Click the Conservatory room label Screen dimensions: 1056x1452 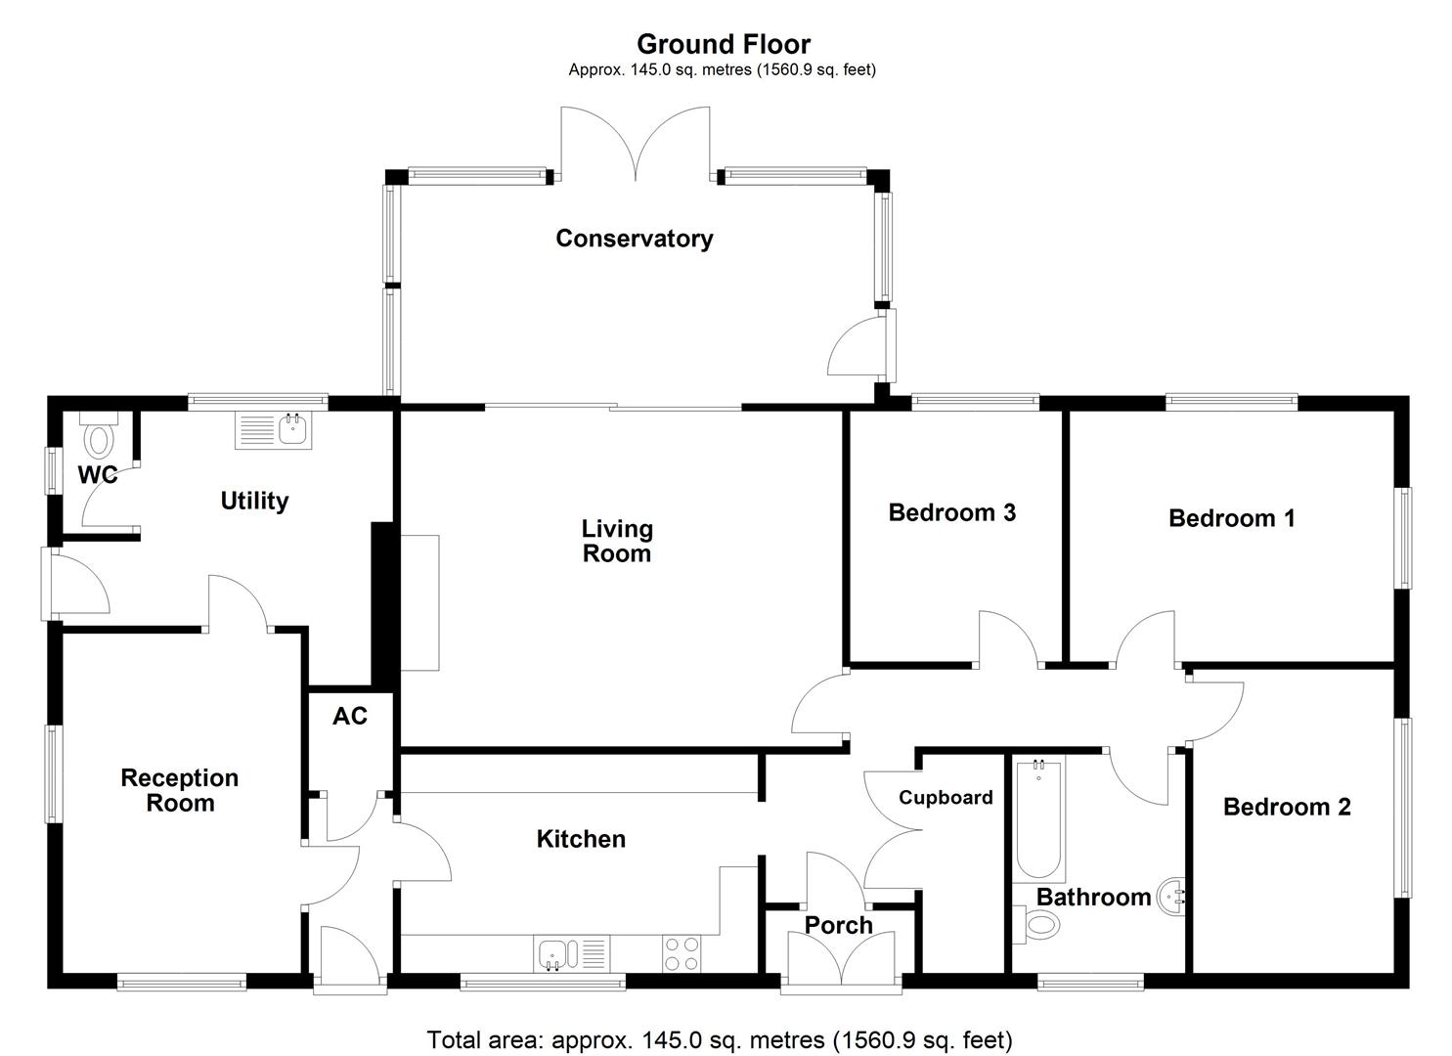point(634,239)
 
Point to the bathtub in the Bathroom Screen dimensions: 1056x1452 point(1038,819)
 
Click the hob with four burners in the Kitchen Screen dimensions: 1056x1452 point(681,953)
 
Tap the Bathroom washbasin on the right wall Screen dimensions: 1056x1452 point(1172,895)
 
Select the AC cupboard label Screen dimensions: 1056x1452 point(349,717)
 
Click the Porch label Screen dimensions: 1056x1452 point(838,925)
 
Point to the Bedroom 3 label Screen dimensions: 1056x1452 point(951,512)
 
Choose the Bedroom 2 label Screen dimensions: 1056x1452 point(1286,807)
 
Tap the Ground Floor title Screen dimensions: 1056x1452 point(724,44)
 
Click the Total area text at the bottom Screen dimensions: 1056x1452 point(720,1039)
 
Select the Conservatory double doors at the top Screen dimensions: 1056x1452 point(636,147)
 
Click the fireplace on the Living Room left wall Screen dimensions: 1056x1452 point(420,602)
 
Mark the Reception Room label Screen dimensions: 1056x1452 point(179,790)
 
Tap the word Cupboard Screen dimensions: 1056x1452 point(946,797)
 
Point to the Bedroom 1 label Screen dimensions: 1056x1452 point(1231,518)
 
